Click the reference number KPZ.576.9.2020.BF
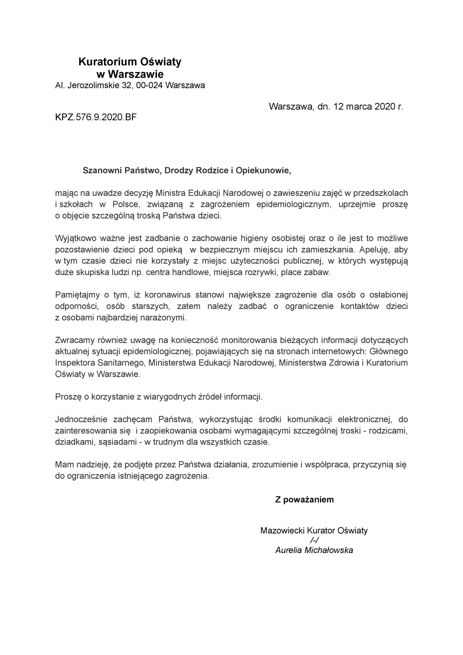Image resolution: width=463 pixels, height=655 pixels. click(x=96, y=117)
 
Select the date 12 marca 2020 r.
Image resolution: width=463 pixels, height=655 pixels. click(x=368, y=106)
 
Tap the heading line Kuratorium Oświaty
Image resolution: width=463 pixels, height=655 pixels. click(x=130, y=62)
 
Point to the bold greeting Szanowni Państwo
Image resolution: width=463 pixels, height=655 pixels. click(x=122, y=170)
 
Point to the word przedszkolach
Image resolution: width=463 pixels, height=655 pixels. click(x=381, y=193)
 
